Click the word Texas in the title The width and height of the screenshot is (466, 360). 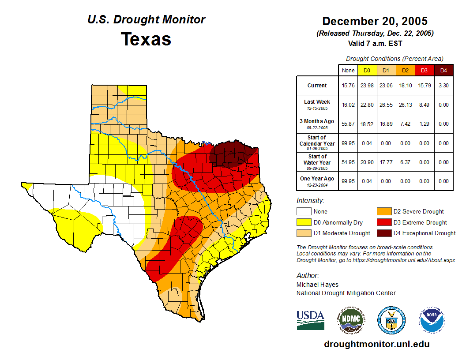pyautogui.click(x=146, y=39)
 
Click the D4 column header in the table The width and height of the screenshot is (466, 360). pyautogui.click(x=443, y=70)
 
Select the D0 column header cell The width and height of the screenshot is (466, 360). pyautogui.click(x=367, y=70)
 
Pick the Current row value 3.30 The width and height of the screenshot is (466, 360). pyautogui.click(x=443, y=86)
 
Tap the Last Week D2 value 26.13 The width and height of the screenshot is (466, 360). pyautogui.click(x=405, y=105)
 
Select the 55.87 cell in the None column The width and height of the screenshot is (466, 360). pyautogui.click(x=348, y=124)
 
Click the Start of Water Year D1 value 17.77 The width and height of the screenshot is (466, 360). pyautogui.click(x=386, y=162)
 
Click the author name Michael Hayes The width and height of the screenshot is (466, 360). pyautogui.click(x=317, y=285)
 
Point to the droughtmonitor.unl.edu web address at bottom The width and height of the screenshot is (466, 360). pyautogui.click(x=376, y=344)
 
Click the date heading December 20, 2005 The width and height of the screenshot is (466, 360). pyautogui.click(x=375, y=21)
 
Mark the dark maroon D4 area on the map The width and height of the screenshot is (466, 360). pyautogui.click(x=232, y=154)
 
